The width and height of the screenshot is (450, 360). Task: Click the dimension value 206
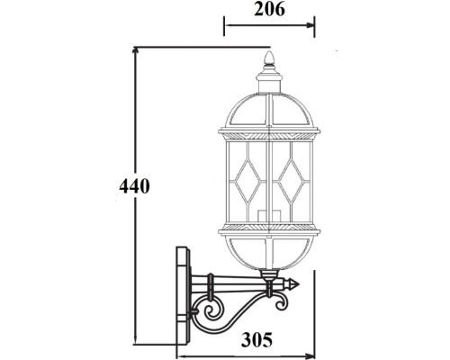pos(269,11)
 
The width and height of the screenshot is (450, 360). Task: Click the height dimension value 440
pos(133,186)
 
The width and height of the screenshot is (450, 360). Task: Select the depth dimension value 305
pos(257,339)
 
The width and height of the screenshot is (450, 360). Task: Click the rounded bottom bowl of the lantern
pos(267,252)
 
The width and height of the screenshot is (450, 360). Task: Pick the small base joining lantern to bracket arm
pos(267,274)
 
